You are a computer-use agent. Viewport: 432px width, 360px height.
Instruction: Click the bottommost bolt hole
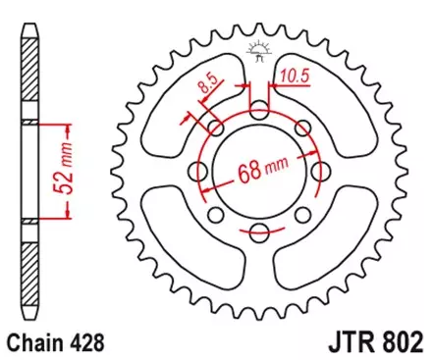click(259, 232)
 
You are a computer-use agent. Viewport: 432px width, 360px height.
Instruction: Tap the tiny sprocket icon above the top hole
click(259, 49)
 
